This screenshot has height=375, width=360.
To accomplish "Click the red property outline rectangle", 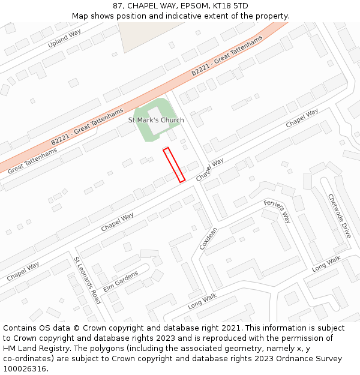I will pyautogui.click(x=174, y=164).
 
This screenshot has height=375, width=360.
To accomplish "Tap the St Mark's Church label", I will pyautogui.click(x=156, y=120).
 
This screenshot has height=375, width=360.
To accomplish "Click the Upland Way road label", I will pyautogui.click(x=65, y=38).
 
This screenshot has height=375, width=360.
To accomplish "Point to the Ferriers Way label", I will pyautogui.click(x=277, y=211).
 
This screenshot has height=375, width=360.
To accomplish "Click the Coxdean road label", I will pyautogui.click(x=208, y=238).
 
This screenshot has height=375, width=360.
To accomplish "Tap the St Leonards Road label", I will pyautogui.click(x=87, y=280).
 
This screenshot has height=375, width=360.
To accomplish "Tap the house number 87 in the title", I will pyautogui.click(x=118, y=6).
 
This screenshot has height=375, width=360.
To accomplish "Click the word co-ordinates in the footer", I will pyautogui.click(x=26, y=359).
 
